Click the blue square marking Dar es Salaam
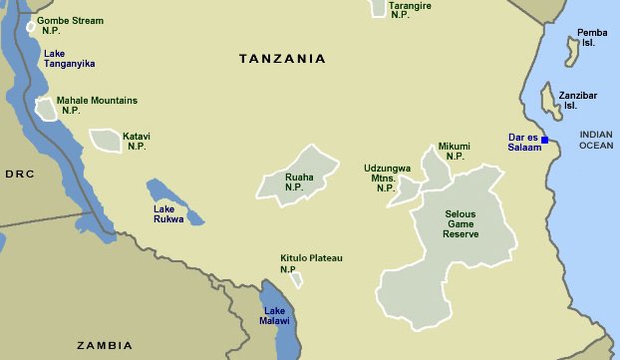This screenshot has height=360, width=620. click(545, 140)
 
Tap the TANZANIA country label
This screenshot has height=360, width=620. click(282, 59)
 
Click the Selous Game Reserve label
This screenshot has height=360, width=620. click(461, 224)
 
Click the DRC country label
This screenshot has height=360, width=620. click(20, 174)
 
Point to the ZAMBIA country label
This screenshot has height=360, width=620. click(105, 345)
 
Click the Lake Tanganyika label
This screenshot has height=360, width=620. click(69, 58)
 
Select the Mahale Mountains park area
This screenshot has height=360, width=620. click(46, 109)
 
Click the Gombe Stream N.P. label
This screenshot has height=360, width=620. click(69, 25)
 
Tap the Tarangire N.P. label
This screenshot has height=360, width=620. click(411, 10)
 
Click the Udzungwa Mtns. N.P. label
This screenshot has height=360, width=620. click(387, 178)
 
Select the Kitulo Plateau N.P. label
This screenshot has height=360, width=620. click(310, 263)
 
